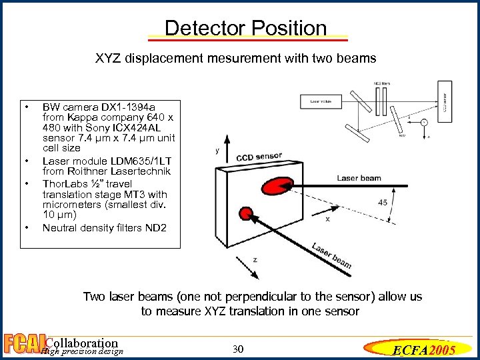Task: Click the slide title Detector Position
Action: [x=245, y=29]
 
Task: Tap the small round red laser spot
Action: [x=247, y=213]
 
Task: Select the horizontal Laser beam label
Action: [x=359, y=178]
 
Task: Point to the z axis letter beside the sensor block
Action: [x=255, y=259]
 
